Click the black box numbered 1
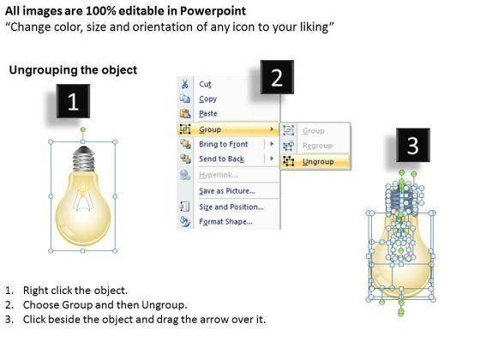[73, 101]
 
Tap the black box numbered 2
[277, 77]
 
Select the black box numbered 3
[413, 145]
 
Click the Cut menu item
[205, 84]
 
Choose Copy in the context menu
[207, 99]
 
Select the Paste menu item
[208, 113]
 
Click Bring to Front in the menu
[224, 144]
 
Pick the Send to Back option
[222, 159]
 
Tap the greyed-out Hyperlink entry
[219, 175]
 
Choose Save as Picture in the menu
[227, 191]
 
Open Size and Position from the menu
[231, 207]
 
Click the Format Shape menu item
[226, 222]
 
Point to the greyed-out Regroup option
[317, 146]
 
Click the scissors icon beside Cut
[184, 84]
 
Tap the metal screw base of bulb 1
[83, 159]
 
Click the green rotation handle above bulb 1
[83, 129]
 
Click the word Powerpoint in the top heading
[213, 11]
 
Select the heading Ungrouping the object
[73, 70]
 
